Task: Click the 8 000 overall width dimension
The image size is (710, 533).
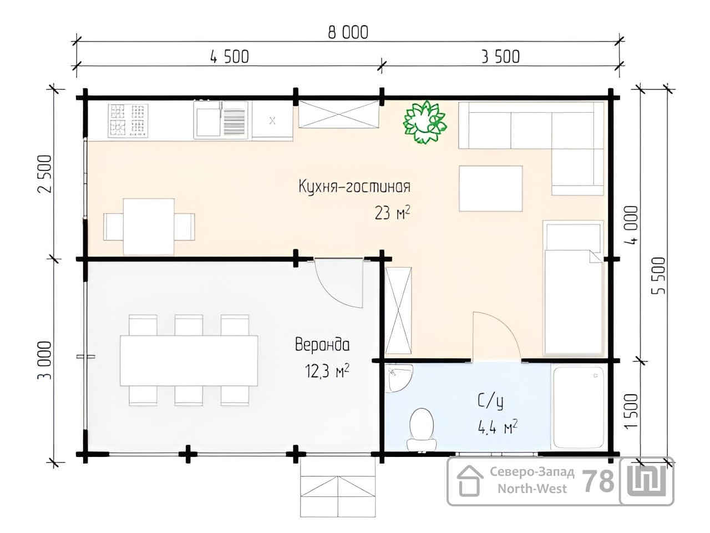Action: (x=348, y=32)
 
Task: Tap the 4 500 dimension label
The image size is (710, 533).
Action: (x=229, y=57)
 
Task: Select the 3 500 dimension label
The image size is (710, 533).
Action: (x=500, y=57)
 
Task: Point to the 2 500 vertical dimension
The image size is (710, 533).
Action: (x=44, y=174)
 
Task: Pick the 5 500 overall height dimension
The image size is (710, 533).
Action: (x=658, y=275)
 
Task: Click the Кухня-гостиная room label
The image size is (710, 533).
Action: (x=354, y=187)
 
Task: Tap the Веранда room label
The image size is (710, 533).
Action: (x=322, y=344)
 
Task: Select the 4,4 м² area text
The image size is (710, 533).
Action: (x=498, y=428)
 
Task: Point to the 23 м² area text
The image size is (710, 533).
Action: (x=392, y=213)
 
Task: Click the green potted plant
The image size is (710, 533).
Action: (x=425, y=122)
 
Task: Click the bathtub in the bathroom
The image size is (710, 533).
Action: (x=577, y=408)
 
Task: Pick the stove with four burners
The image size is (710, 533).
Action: (x=128, y=120)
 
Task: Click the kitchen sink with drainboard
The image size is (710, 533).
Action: (x=221, y=120)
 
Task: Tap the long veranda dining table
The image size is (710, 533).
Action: (x=189, y=360)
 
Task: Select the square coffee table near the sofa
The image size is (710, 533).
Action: (x=491, y=189)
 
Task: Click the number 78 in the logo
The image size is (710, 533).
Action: (x=598, y=481)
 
